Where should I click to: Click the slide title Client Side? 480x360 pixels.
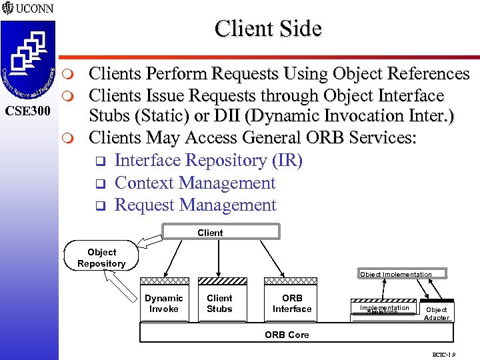(x=268, y=29)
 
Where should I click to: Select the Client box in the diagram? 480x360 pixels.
(x=210, y=232)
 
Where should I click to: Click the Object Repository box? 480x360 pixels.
(x=101, y=257)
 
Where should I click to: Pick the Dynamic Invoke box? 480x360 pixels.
(x=163, y=303)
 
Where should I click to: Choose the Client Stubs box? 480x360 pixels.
(x=219, y=303)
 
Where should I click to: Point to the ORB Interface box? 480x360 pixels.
(x=291, y=303)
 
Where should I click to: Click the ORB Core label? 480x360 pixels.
(x=287, y=335)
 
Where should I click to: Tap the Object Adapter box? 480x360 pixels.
(x=437, y=313)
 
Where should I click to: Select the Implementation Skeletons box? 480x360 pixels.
(x=384, y=309)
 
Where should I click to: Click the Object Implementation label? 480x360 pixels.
(x=395, y=274)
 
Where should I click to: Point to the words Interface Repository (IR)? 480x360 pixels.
(x=209, y=161)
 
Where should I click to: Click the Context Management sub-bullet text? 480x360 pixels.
(x=195, y=183)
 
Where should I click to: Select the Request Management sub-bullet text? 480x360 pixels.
(x=195, y=205)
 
